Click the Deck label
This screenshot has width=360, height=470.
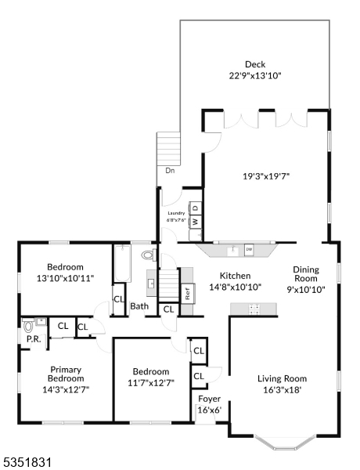click(255, 64)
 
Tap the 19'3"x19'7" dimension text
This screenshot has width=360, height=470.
click(266, 176)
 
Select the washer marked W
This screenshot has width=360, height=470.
click(196, 222)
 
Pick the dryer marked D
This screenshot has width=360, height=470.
click(196, 208)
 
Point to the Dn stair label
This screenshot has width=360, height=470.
click(170, 171)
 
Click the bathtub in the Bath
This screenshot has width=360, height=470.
click(123, 263)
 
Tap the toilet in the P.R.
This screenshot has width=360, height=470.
click(28, 326)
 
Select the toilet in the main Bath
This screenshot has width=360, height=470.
click(149, 255)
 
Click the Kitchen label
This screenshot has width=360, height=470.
click(235, 276)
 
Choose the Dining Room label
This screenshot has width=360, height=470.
click(306, 274)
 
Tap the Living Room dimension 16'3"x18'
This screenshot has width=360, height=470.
click(282, 390)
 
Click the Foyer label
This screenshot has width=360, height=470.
click(210, 399)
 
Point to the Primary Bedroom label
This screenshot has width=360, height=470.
click(66, 374)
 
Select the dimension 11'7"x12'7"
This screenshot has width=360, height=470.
click(151, 383)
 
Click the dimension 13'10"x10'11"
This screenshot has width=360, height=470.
click(65, 278)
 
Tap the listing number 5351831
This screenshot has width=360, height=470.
click(26, 462)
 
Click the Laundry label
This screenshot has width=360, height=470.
click(176, 213)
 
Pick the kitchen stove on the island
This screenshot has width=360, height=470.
click(254, 309)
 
